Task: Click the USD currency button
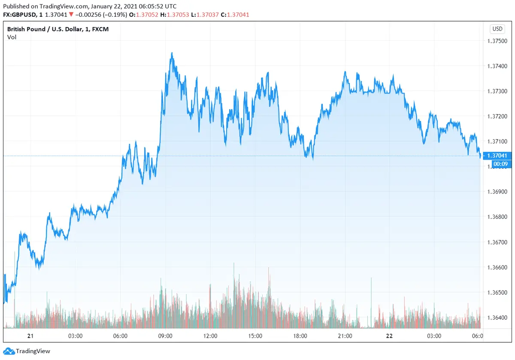497,29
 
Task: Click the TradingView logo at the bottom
27,351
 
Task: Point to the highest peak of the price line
172,53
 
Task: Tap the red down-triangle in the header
71,15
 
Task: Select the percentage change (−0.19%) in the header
108,15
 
